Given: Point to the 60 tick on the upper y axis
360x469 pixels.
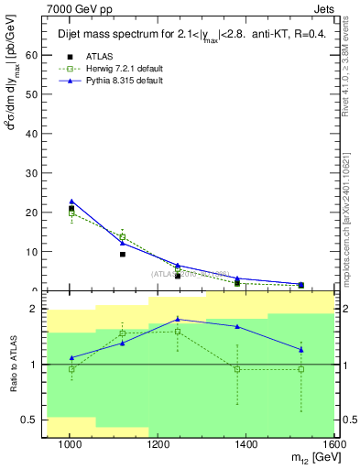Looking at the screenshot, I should [x=37, y=55].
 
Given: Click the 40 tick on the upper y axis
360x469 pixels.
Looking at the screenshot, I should [x=37, y=134].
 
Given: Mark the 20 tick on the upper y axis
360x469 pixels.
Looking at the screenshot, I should [x=37, y=213].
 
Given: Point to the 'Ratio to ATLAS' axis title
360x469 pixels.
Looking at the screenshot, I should [x=12, y=364].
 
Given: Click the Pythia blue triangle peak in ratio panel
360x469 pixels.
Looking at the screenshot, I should [x=178, y=319].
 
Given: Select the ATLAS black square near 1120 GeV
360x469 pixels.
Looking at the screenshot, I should [x=122, y=254].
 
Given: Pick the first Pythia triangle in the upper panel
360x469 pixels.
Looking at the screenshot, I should [x=71, y=202].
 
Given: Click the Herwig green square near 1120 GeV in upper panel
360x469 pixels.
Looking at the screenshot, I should [x=122, y=236].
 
